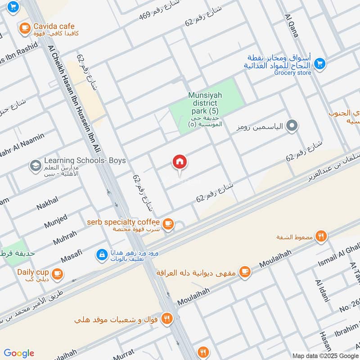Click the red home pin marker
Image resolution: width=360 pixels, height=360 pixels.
pos(180,162)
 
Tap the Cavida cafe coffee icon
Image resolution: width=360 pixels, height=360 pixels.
pos(25,28)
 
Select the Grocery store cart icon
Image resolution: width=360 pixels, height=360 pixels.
pos(320,63)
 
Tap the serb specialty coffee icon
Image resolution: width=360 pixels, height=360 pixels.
pos(168,224)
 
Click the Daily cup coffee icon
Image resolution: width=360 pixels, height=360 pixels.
pos(57,273)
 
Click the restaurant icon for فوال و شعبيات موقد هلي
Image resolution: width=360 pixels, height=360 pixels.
pos(167,319)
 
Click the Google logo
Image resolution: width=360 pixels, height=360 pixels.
pos(19,353)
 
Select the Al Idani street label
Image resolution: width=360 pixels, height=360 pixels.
pos(323,291)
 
